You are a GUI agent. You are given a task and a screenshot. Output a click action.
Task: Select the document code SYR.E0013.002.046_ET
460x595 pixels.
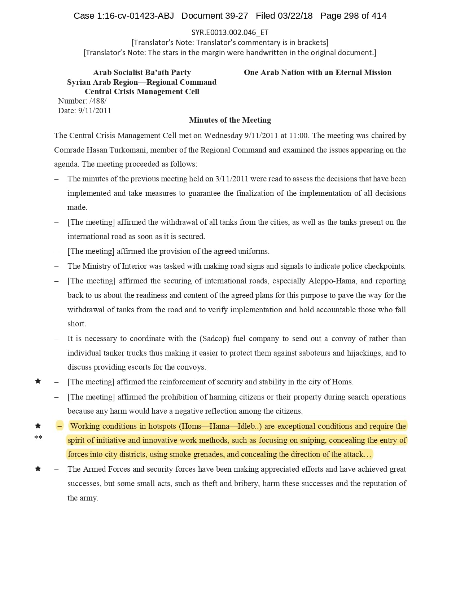(x=230, y=32)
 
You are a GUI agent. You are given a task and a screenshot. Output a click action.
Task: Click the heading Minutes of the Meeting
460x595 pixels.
(x=230, y=120)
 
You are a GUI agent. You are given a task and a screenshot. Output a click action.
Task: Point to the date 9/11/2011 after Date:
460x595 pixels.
(x=95, y=111)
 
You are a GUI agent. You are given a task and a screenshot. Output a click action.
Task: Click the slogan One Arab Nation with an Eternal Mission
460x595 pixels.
(x=317, y=72)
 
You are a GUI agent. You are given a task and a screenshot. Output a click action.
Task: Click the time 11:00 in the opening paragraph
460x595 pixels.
(x=299, y=136)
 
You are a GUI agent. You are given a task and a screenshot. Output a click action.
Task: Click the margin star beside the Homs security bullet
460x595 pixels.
(x=38, y=381)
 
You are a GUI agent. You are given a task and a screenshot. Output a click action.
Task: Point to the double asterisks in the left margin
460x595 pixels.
(x=38, y=438)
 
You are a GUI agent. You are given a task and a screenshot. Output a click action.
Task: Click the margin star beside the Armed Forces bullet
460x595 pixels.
(x=38, y=469)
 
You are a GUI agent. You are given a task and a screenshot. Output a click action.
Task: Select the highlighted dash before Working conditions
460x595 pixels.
(x=60, y=426)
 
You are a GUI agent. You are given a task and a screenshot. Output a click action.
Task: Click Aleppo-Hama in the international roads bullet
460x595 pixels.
(x=332, y=281)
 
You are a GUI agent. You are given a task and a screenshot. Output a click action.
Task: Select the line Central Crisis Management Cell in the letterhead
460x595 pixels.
(x=142, y=92)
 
